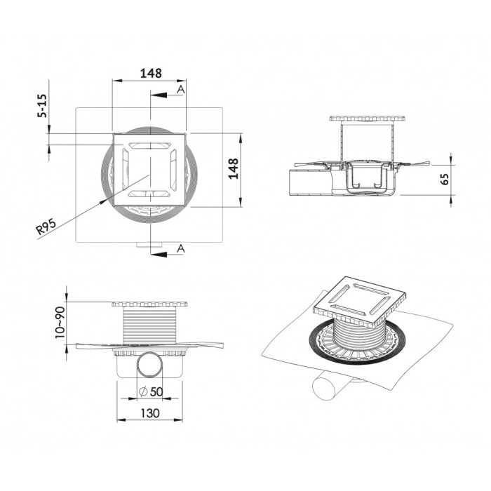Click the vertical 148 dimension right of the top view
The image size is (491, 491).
click(x=234, y=169)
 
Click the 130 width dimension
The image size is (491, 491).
click(x=150, y=413)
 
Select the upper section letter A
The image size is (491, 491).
click(x=180, y=90)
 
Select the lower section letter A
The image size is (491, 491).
click(x=180, y=248)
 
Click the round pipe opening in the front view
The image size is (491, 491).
click(x=149, y=365)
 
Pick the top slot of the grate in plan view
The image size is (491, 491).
click(x=149, y=144)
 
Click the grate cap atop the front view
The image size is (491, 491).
click(x=149, y=304)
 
